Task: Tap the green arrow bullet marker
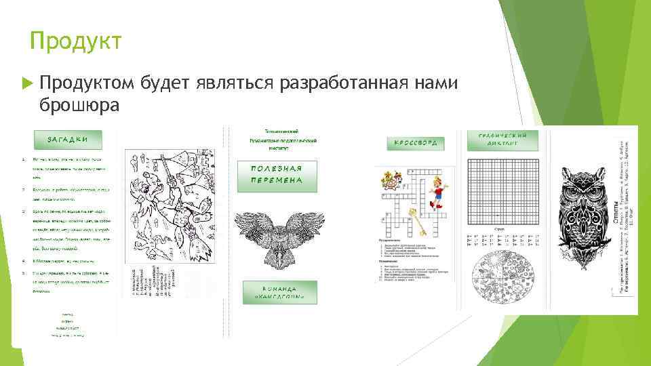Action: tap(27, 83)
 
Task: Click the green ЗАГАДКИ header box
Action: tap(66, 140)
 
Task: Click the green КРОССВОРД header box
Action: tap(416, 143)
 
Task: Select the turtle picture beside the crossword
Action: tap(391, 180)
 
